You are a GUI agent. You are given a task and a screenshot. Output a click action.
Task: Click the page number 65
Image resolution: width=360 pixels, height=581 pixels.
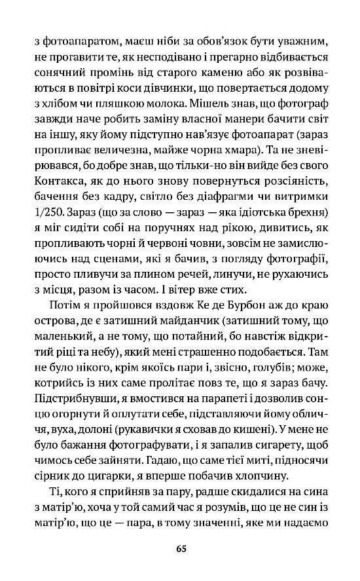point(181,548)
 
